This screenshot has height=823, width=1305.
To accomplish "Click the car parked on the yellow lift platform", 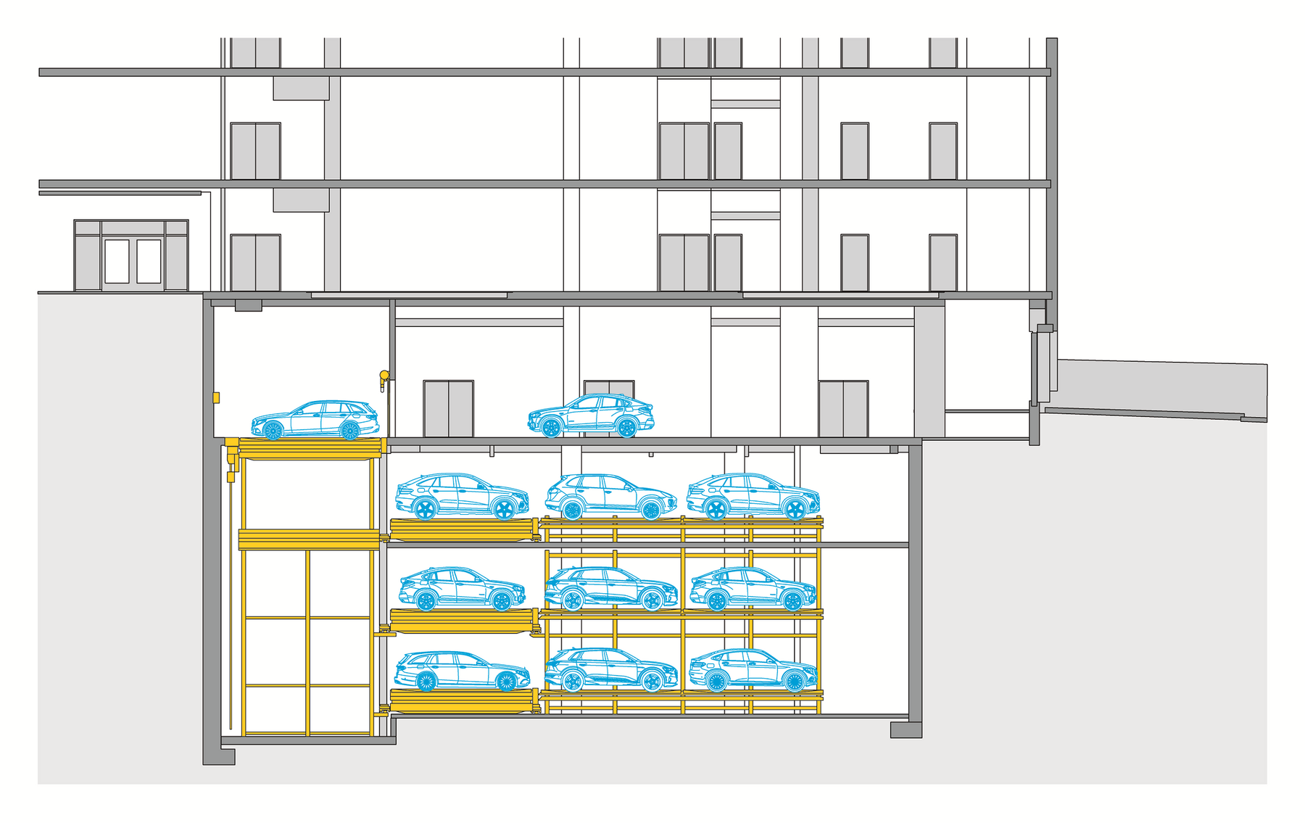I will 315,421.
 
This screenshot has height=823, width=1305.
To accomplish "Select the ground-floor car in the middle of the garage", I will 591,415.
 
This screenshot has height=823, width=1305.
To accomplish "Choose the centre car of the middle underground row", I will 611,588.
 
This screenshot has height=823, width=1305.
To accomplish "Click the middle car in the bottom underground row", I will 611,669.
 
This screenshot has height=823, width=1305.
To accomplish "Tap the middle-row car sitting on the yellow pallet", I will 462,588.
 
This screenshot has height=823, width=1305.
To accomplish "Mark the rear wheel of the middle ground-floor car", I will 626,428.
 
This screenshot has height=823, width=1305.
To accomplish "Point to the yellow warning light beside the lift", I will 384,376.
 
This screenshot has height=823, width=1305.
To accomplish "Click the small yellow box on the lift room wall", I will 216,397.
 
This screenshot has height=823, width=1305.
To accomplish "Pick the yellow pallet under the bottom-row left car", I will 463,701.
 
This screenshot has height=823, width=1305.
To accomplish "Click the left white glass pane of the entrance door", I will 117,261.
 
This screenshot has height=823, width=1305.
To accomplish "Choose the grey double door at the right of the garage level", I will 843,409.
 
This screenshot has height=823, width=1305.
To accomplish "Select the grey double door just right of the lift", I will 448,409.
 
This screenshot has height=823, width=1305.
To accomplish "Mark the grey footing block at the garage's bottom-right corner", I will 906,729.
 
